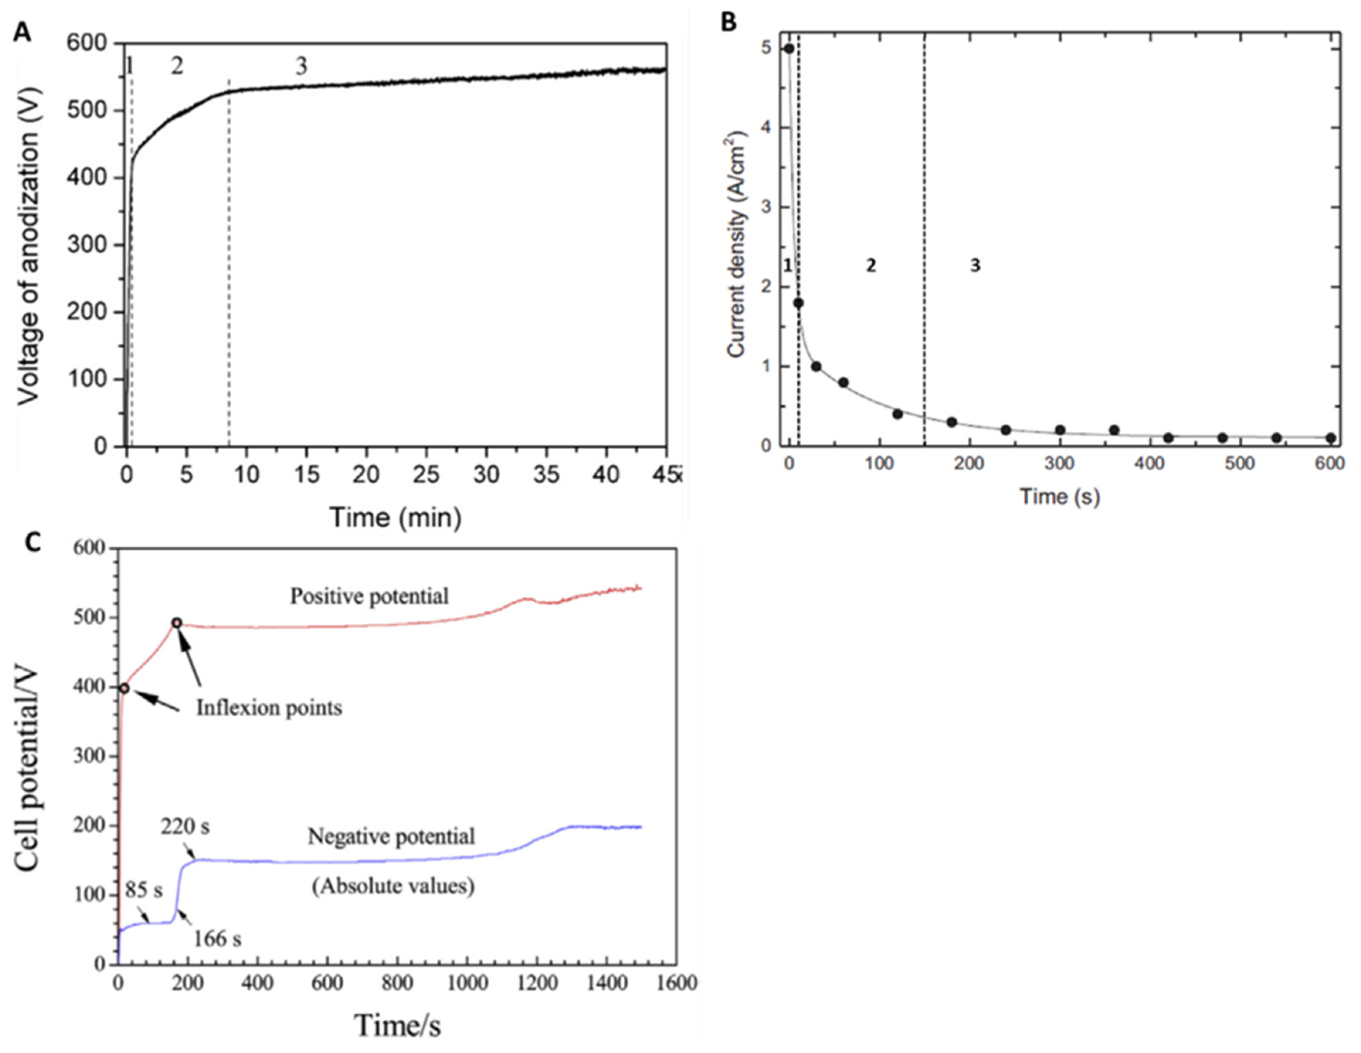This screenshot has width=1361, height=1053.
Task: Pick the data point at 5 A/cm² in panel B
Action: click(x=789, y=49)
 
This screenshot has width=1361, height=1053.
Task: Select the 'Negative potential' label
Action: click(x=391, y=836)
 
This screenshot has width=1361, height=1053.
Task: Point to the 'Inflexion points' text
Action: click(x=269, y=708)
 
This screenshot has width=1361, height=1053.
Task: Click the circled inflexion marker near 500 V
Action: click(x=177, y=623)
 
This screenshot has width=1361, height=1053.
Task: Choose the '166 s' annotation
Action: click(x=217, y=938)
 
